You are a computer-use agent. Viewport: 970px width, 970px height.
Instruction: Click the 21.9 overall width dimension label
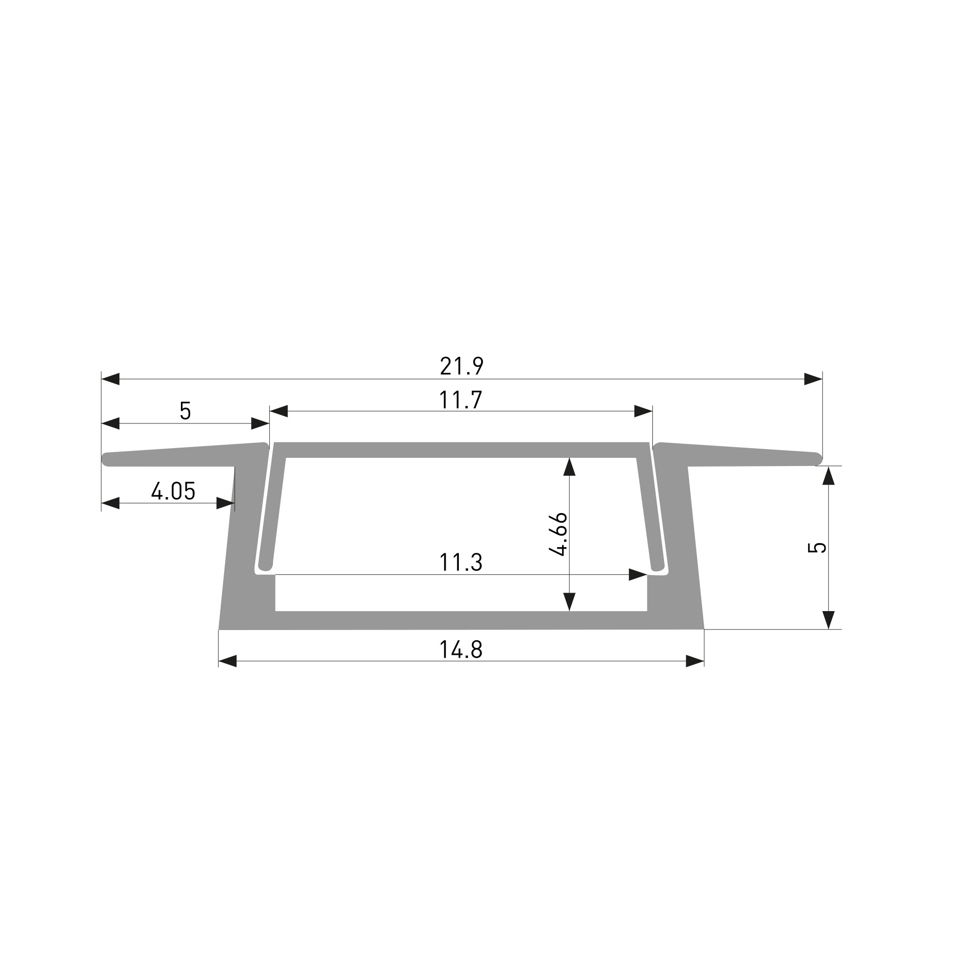pos(461,366)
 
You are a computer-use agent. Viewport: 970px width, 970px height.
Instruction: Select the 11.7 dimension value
pos(460,400)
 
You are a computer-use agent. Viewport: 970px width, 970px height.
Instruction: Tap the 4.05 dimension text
pos(173,491)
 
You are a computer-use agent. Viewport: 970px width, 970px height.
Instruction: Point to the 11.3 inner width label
pos(460,563)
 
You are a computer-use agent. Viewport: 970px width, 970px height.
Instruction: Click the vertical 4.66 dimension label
pos(558,534)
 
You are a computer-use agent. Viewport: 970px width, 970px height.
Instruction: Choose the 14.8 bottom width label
pos(461,650)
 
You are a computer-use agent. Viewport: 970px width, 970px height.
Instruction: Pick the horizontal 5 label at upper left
pos(185,411)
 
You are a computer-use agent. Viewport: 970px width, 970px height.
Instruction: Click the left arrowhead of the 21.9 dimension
pos(111,379)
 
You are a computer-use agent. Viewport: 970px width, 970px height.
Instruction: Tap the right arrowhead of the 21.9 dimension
pos(813,379)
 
